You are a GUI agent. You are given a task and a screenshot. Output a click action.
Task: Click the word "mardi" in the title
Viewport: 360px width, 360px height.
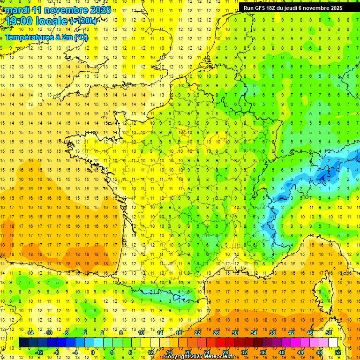[x=16, y=10]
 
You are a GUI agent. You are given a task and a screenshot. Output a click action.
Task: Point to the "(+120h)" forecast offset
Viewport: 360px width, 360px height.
[x=84, y=21]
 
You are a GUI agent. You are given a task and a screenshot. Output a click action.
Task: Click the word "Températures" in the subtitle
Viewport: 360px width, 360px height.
[x=29, y=37]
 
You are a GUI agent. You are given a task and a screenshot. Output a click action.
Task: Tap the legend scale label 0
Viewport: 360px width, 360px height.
[x=93, y=352]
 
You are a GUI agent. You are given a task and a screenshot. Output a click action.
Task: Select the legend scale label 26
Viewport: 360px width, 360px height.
[x=216, y=333]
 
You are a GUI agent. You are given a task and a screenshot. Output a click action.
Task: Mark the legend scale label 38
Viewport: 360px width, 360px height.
[x=272, y=333]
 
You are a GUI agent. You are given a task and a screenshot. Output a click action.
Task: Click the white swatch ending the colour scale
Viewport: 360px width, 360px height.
[x=333, y=343]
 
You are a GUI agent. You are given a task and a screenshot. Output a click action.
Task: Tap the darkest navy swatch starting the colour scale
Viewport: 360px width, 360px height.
[x=23, y=343]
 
